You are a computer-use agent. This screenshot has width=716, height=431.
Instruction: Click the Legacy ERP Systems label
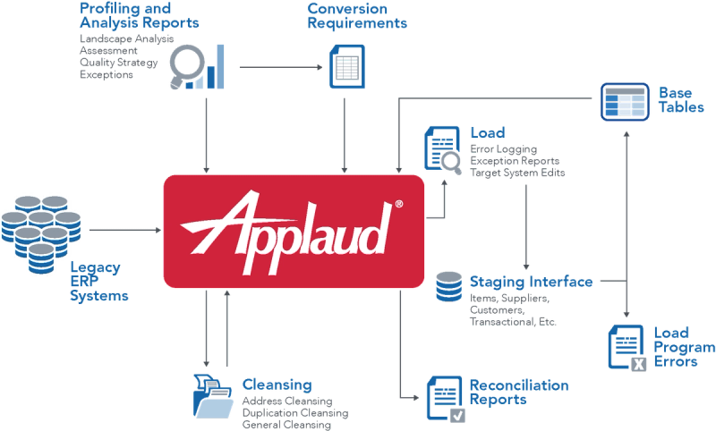pyautogui.click(x=98, y=281)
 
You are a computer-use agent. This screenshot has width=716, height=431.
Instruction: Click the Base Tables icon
pyautogui.click(x=621, y=101)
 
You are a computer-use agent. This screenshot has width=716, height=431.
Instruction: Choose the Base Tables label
pyautogui.click(x=678, y=99)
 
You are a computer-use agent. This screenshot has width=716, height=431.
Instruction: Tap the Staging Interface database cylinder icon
pyautogui.click(x=447, y=289)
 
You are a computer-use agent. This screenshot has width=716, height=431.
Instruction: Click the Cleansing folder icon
pyautogui.click(x=209, y=393)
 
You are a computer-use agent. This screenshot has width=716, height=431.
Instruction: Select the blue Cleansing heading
pyautogui.click(x=277, y=384)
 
